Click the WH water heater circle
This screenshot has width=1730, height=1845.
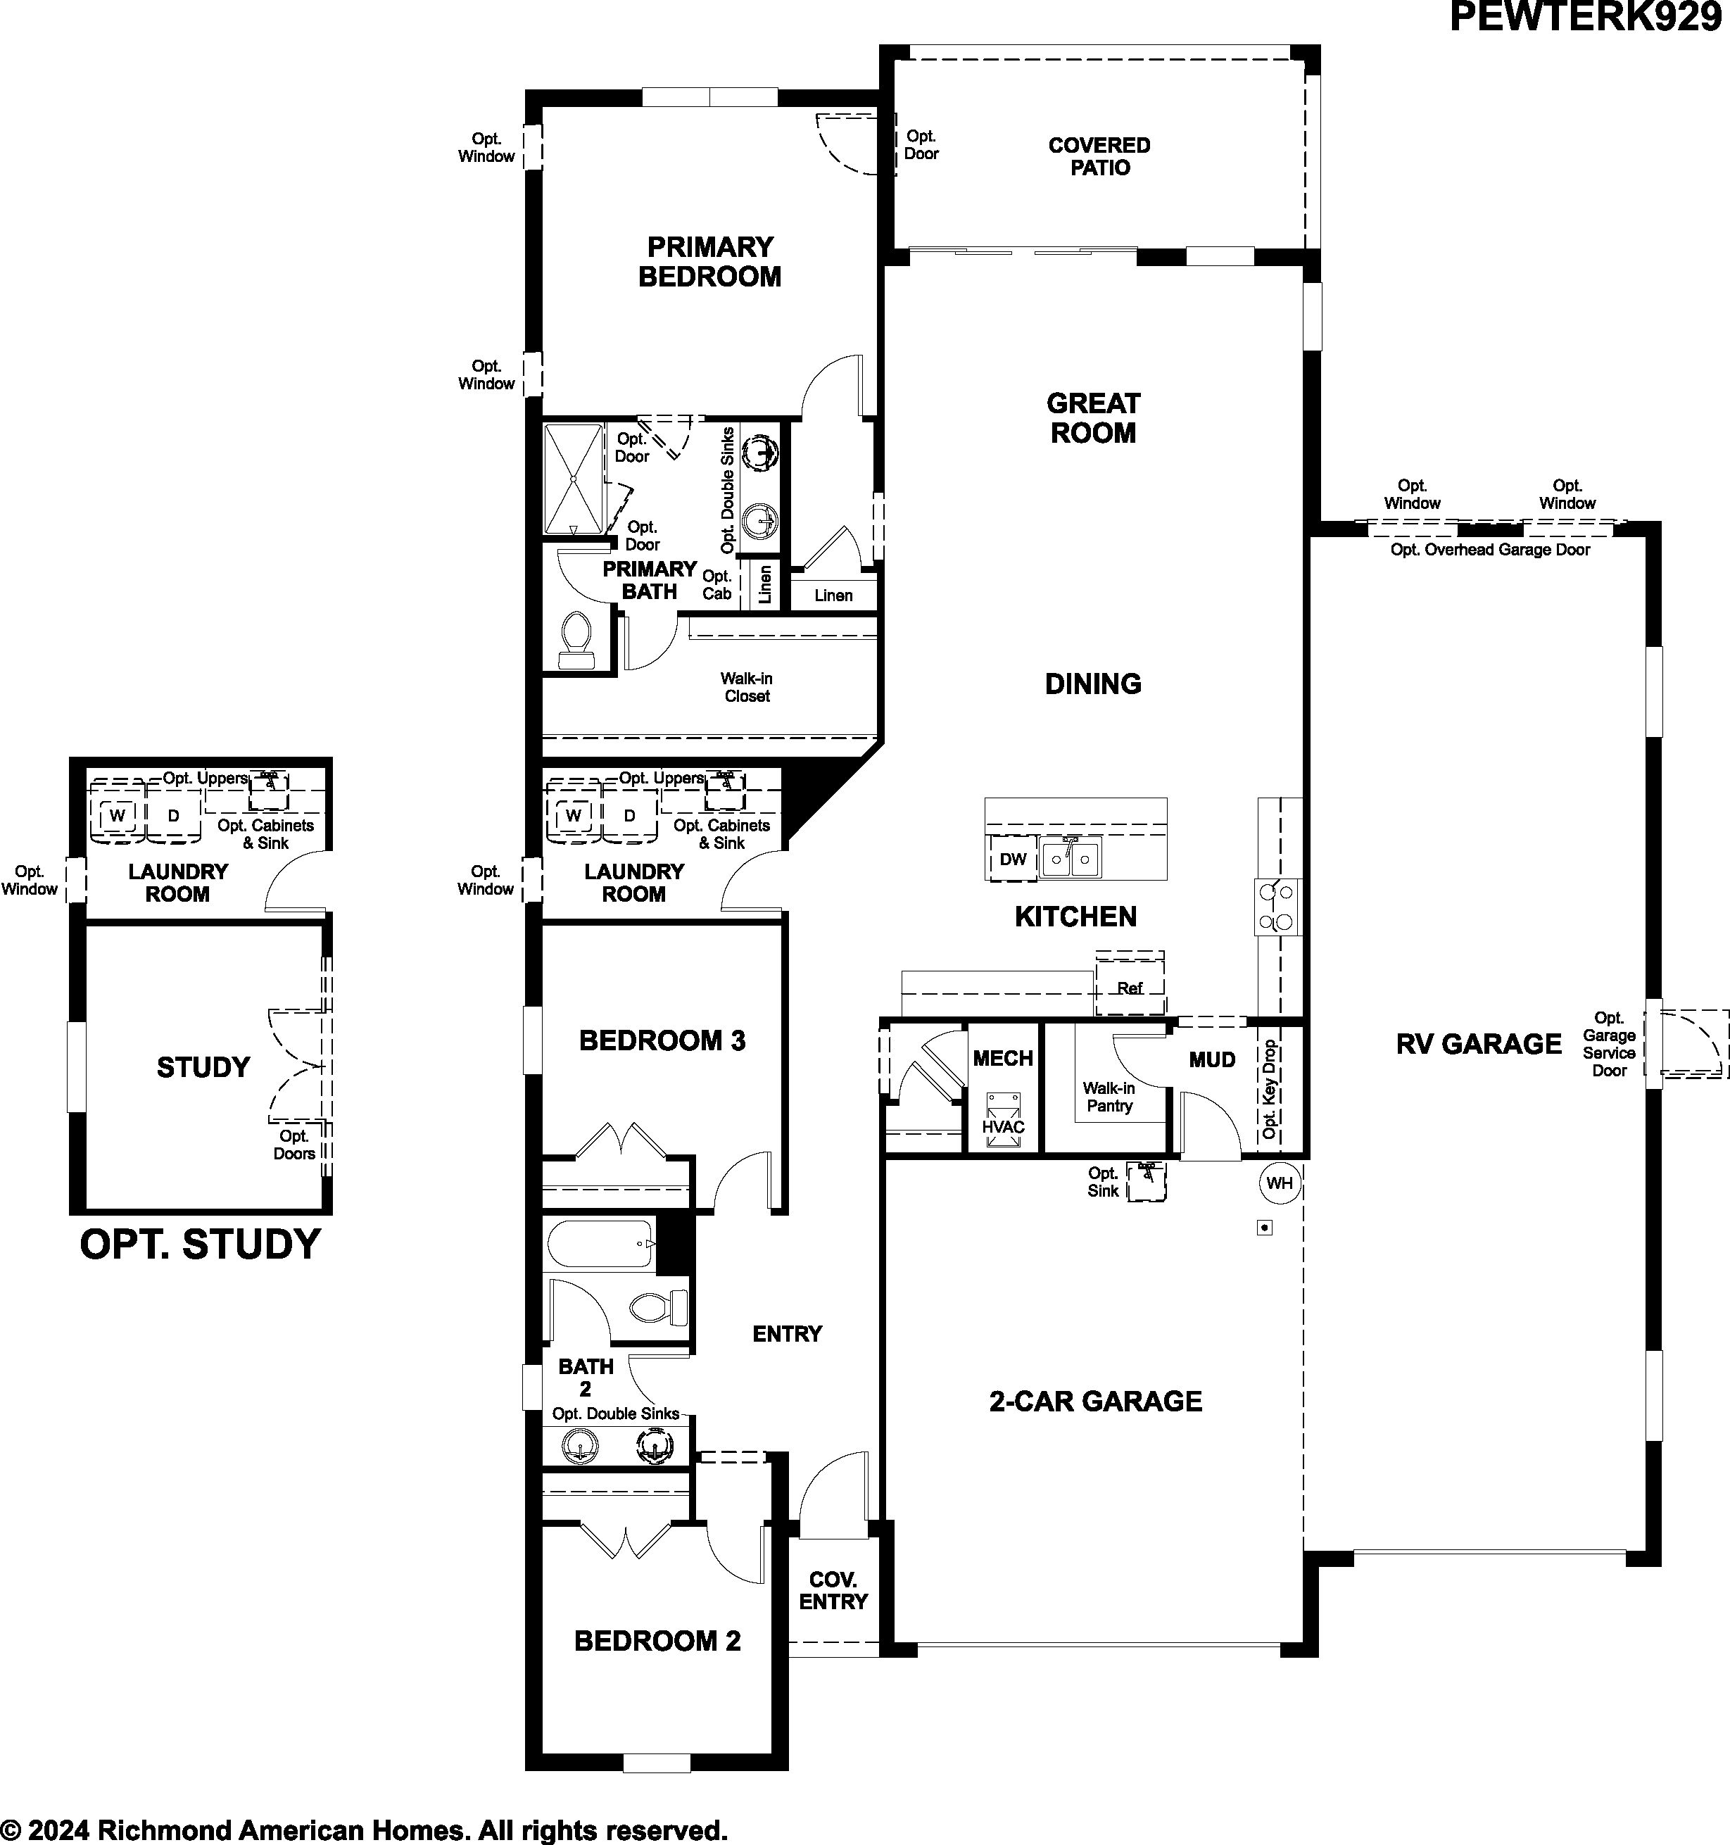1279,1183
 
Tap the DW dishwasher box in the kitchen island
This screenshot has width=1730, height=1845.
1013,859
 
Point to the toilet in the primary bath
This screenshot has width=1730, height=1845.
576,641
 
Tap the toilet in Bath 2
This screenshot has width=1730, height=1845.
660,1309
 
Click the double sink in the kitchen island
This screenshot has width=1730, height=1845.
1070,859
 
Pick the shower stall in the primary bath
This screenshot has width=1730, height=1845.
574,479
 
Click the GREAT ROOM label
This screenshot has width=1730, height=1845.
1093,417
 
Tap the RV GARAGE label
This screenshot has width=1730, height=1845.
1479,1044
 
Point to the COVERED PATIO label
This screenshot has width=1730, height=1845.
1100,156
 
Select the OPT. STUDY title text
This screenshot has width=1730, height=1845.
201,1245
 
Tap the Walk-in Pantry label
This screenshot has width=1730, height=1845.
1109,1097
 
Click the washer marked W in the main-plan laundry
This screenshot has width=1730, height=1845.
574,816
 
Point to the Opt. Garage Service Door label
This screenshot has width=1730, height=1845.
1610,1044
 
